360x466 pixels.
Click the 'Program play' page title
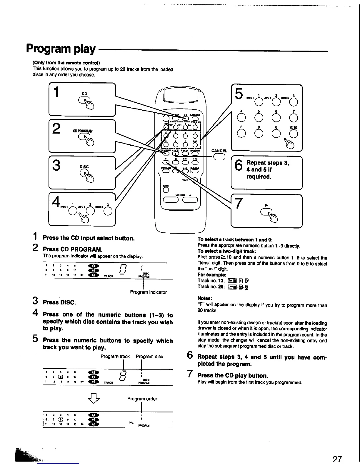(61, 49)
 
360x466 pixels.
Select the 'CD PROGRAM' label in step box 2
(83, 131)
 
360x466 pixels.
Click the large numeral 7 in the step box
(239, 203)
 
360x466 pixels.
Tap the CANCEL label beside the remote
(219, 151)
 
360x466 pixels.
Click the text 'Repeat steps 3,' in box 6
(268, 163)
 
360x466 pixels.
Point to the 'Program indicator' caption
(148, 292)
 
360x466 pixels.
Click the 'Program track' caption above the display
(115, 356)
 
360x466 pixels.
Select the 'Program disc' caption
(149, 356)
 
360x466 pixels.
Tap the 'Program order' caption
(142, 399)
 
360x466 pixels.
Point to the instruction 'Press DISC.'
(59, 302)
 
